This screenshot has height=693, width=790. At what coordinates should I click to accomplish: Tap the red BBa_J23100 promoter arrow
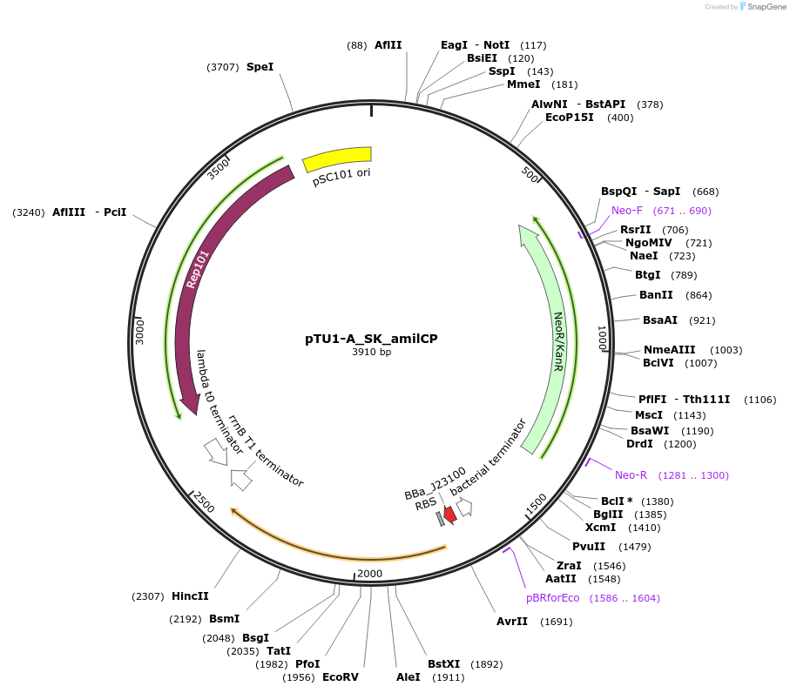click(x=449, y=515)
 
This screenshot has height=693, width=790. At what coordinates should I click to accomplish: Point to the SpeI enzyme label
click(x=260, y=67)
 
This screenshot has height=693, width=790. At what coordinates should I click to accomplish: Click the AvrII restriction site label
click(x=512, y=622)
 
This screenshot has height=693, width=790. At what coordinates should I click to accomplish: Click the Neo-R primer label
click(x=631, y=475)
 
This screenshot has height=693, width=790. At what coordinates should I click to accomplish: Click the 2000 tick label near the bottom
click(x=369, y=573)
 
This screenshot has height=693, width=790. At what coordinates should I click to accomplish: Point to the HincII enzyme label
click(x=190, y=596)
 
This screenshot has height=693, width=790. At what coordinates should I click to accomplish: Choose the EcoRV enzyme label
click(x=340, y=676)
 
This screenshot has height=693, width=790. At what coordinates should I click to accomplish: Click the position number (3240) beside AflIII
click(x=29, y=212)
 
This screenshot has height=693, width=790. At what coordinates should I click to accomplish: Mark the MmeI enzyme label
click(x=523, y=84)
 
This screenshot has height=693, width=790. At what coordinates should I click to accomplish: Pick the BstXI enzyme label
click(x=444, y=664)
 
